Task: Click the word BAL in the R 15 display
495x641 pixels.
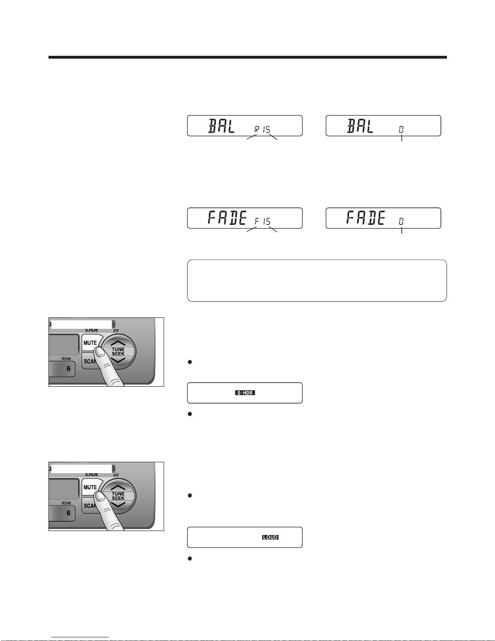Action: (221, 126)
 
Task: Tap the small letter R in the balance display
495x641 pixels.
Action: (257, 129)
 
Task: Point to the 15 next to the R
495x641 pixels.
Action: (266, 129)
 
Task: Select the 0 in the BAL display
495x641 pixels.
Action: (401, 129)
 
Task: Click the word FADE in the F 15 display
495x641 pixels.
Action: (227, 218)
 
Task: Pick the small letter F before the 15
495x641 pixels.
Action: (257, 221)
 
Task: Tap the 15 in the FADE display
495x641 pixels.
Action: (266, 221)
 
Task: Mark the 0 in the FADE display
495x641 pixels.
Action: (401, 221)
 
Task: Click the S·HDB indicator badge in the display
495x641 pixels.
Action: (245, 393)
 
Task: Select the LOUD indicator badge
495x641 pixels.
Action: (270, 537)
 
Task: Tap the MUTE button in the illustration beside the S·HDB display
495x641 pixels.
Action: (90, 343)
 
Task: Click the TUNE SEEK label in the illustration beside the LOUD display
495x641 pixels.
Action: (118, 496)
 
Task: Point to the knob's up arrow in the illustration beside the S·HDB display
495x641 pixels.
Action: (118, 343)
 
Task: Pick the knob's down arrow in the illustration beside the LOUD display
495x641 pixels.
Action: (118, 505)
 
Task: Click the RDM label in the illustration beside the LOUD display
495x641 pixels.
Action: (66, 503)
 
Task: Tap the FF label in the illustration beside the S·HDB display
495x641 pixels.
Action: (116, 331)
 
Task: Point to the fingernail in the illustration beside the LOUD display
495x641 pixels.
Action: (101, 497)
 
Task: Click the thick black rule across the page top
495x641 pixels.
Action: (247, 57)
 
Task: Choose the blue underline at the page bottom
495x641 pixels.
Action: (80, 637)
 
